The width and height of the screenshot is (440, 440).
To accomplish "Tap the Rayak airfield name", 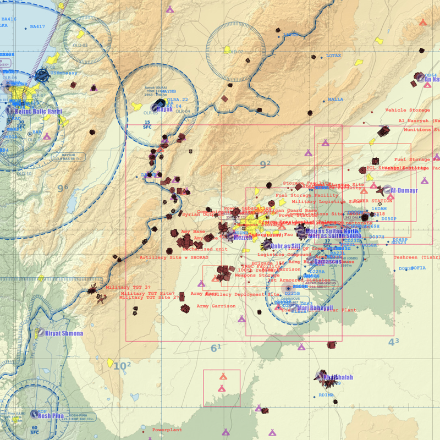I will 165,109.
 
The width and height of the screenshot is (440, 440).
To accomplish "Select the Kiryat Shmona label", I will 64,334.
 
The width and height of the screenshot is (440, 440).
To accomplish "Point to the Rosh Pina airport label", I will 51,416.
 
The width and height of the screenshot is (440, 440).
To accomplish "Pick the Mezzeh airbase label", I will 243,238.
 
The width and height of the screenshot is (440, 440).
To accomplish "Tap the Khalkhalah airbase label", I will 338,378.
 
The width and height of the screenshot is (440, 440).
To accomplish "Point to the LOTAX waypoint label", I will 333,56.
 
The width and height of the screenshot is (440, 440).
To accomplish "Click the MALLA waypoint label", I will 335,100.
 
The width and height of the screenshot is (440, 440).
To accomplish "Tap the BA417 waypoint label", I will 37,26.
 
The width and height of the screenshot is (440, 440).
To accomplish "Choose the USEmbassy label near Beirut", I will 64,73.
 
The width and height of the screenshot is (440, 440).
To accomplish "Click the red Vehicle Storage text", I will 408,111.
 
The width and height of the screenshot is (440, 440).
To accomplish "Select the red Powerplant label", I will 167,429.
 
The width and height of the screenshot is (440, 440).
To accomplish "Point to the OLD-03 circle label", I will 80,45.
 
